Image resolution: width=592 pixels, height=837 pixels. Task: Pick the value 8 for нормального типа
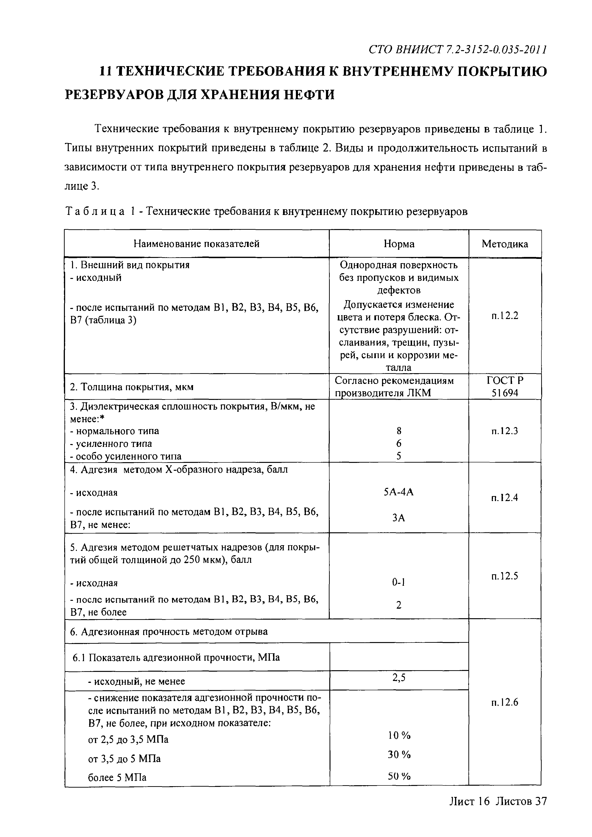point(399,431)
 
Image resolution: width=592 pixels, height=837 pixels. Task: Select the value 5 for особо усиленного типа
point(399,456)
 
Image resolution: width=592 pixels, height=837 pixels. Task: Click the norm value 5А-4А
point(399,492)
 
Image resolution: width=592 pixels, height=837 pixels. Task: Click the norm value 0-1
point(399,583)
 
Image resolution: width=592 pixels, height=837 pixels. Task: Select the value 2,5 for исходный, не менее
point(399,677)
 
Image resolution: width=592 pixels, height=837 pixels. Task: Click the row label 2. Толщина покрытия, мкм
point(132,387)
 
